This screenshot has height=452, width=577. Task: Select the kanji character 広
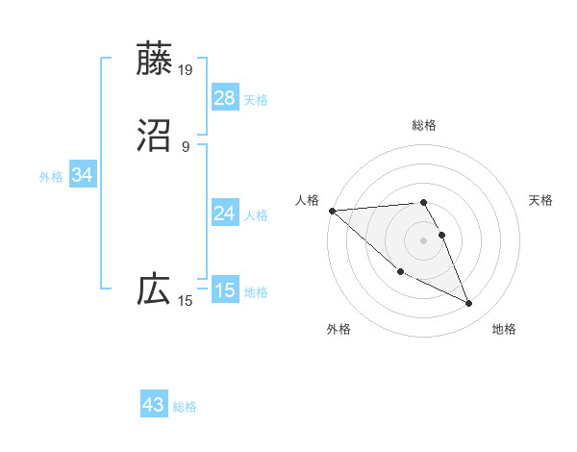154,289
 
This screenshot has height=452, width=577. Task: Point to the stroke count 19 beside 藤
187,70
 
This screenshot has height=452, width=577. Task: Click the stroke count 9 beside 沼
186,147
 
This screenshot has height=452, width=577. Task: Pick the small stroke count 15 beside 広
186,301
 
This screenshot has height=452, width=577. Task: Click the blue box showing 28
224,98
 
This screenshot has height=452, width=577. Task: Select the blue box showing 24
224,213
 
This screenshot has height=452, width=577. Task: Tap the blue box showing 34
83,175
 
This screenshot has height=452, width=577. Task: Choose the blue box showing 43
154,405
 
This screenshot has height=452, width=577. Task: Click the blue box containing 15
224,290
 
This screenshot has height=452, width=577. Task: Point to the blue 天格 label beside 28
256,100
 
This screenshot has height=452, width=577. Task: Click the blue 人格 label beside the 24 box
256,215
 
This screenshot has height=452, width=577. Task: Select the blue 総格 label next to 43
185,407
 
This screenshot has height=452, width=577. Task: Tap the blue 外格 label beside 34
51,177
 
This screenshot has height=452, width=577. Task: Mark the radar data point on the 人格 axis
331,211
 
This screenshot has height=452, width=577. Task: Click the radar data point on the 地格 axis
469,304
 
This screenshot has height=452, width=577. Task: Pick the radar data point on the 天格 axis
442,235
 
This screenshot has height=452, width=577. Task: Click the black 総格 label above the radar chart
424,125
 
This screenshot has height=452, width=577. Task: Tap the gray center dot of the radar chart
424,239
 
